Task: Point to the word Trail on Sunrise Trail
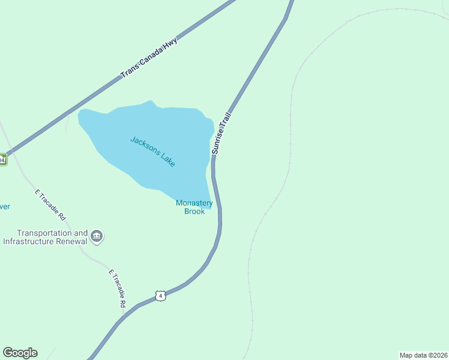226,117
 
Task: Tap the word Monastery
194,203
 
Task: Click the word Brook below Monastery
194,211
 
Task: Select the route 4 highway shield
160,295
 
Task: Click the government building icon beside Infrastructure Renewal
97,237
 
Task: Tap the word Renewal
73,241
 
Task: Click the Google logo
20,353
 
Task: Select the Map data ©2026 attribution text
423,355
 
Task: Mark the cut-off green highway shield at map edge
2,160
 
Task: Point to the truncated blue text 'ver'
4,207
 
